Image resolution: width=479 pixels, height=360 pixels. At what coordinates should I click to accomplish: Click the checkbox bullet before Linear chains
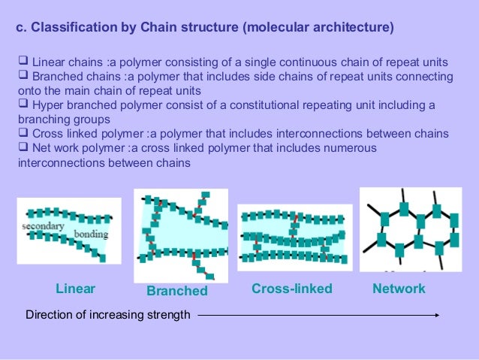[23, 62]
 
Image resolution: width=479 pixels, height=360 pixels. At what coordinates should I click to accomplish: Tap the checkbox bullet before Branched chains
[23, 77]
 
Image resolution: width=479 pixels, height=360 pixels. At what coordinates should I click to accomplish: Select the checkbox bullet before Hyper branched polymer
[23, 105]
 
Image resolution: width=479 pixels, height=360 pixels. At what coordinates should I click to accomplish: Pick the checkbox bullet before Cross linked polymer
[23, 134]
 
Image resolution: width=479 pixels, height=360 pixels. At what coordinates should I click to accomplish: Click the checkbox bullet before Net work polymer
[23, 148]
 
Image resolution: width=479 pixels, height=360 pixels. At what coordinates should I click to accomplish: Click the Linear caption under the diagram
[76, 289]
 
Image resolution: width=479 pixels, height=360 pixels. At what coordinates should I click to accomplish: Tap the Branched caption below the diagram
[176, 291]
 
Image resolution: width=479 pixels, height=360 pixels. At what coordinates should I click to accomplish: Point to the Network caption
[399, 289]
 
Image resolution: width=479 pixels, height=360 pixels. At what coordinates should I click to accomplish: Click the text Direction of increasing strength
[108, 315]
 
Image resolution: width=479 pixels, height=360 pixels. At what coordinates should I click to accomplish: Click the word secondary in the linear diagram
[43, 225]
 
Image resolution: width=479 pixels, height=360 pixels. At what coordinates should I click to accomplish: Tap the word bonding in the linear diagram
[91, 234]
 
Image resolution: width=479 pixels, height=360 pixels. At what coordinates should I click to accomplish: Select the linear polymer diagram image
[68, 231]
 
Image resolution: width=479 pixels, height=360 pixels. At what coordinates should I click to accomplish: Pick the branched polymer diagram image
[180, 234]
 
